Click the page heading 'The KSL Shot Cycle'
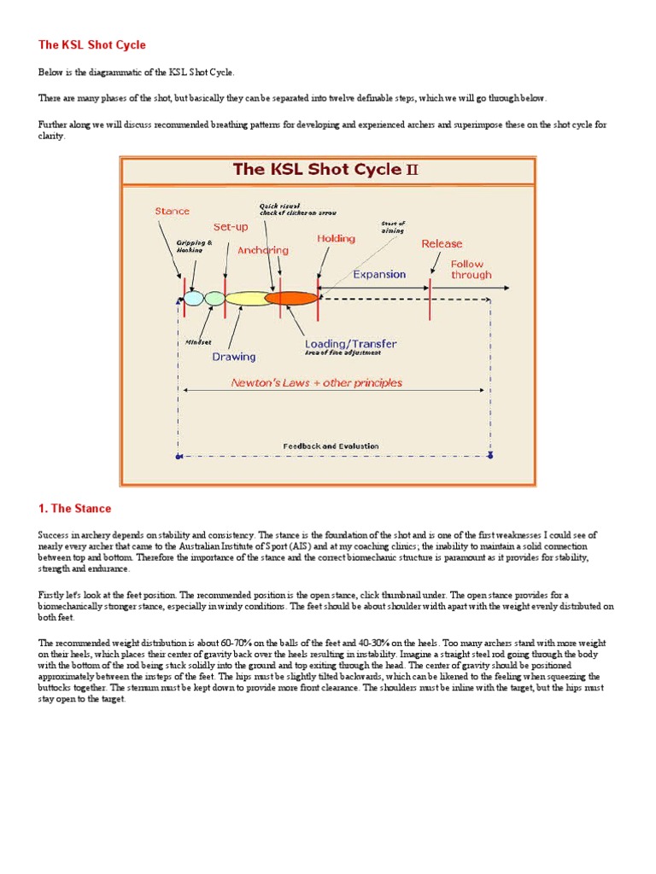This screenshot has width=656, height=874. pyautogui.click(x=92, y=44)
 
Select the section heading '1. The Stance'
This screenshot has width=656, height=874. pyautogui.click(x=75, y=509)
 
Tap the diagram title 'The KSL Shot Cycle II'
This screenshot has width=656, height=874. pyautogui.click(x=326, y=169)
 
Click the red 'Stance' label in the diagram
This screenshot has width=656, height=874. pyautogui.click(x=172, y=211)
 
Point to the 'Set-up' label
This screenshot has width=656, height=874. pyautogui.click(x=231, y=227)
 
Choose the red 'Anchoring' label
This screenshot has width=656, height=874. pyautogui.click(x=263, y=250)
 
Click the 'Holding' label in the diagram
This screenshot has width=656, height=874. pyautogui.click(x=336, y=238)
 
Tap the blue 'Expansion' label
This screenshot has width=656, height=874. pyautogui.click(x=379, y=274)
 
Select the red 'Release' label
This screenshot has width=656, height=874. pyautogui.click(x=442, y=243)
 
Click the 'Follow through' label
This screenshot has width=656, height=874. pyautogui.click(x=471, y=270)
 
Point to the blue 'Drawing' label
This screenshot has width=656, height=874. pyautogui.click(x=233, y=357)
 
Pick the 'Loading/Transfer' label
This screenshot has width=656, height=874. pyautogui.click(x=350, y=343)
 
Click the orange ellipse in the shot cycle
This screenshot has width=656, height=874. pyautogui.click(x=290, y=298)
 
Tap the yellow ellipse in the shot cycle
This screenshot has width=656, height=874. pyautogui.click(x=246, y=298)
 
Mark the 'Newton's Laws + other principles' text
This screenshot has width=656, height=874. pyautogui.click(x=317, y=382)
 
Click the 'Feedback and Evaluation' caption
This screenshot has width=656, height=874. pyautogui.click(x=331, y=446)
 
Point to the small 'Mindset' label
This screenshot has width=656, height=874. pyautogui.click(x=198, y=341)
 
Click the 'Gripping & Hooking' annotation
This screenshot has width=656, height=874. pyautogui.click(x=190, y=246)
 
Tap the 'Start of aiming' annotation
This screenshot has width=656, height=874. pyautogui.click(x=392, y=227)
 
